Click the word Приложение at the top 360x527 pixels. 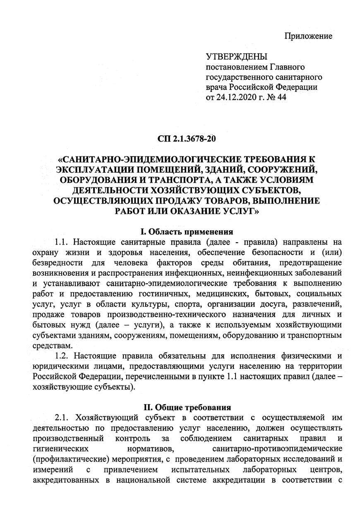308,36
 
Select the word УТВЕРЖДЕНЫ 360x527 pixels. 237,57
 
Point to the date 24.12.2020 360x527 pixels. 239,98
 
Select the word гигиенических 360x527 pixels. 60,448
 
